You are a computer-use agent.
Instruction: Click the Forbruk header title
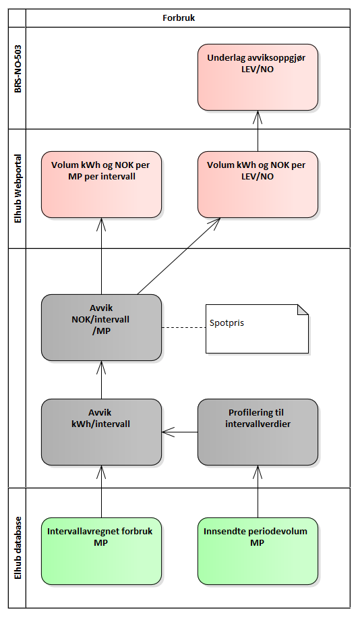179,18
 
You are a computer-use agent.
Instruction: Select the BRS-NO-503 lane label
18,69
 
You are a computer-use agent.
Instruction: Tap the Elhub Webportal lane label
18,189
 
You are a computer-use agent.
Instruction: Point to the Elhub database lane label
18,548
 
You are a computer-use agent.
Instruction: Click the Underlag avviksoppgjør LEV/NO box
258,77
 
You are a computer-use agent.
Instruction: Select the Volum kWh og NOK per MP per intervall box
102,184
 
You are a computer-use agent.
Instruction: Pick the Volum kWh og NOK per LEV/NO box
258,184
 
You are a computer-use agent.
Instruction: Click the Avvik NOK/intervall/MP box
102,327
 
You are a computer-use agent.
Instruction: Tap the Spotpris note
257,329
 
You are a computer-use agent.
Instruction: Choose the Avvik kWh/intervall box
102,432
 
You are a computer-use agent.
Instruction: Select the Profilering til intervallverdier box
258,432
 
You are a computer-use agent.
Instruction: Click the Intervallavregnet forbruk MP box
102,551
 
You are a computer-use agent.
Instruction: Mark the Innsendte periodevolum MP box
258,551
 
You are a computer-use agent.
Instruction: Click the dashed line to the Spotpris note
184,328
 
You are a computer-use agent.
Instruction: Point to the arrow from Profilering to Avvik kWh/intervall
180,432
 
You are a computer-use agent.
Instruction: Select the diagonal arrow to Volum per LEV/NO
179,256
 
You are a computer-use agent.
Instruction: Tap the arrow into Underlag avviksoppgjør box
258,131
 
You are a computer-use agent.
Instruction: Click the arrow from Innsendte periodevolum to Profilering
258,492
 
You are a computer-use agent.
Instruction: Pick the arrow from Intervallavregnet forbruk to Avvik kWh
102,492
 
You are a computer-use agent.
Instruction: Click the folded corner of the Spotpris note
304,310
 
